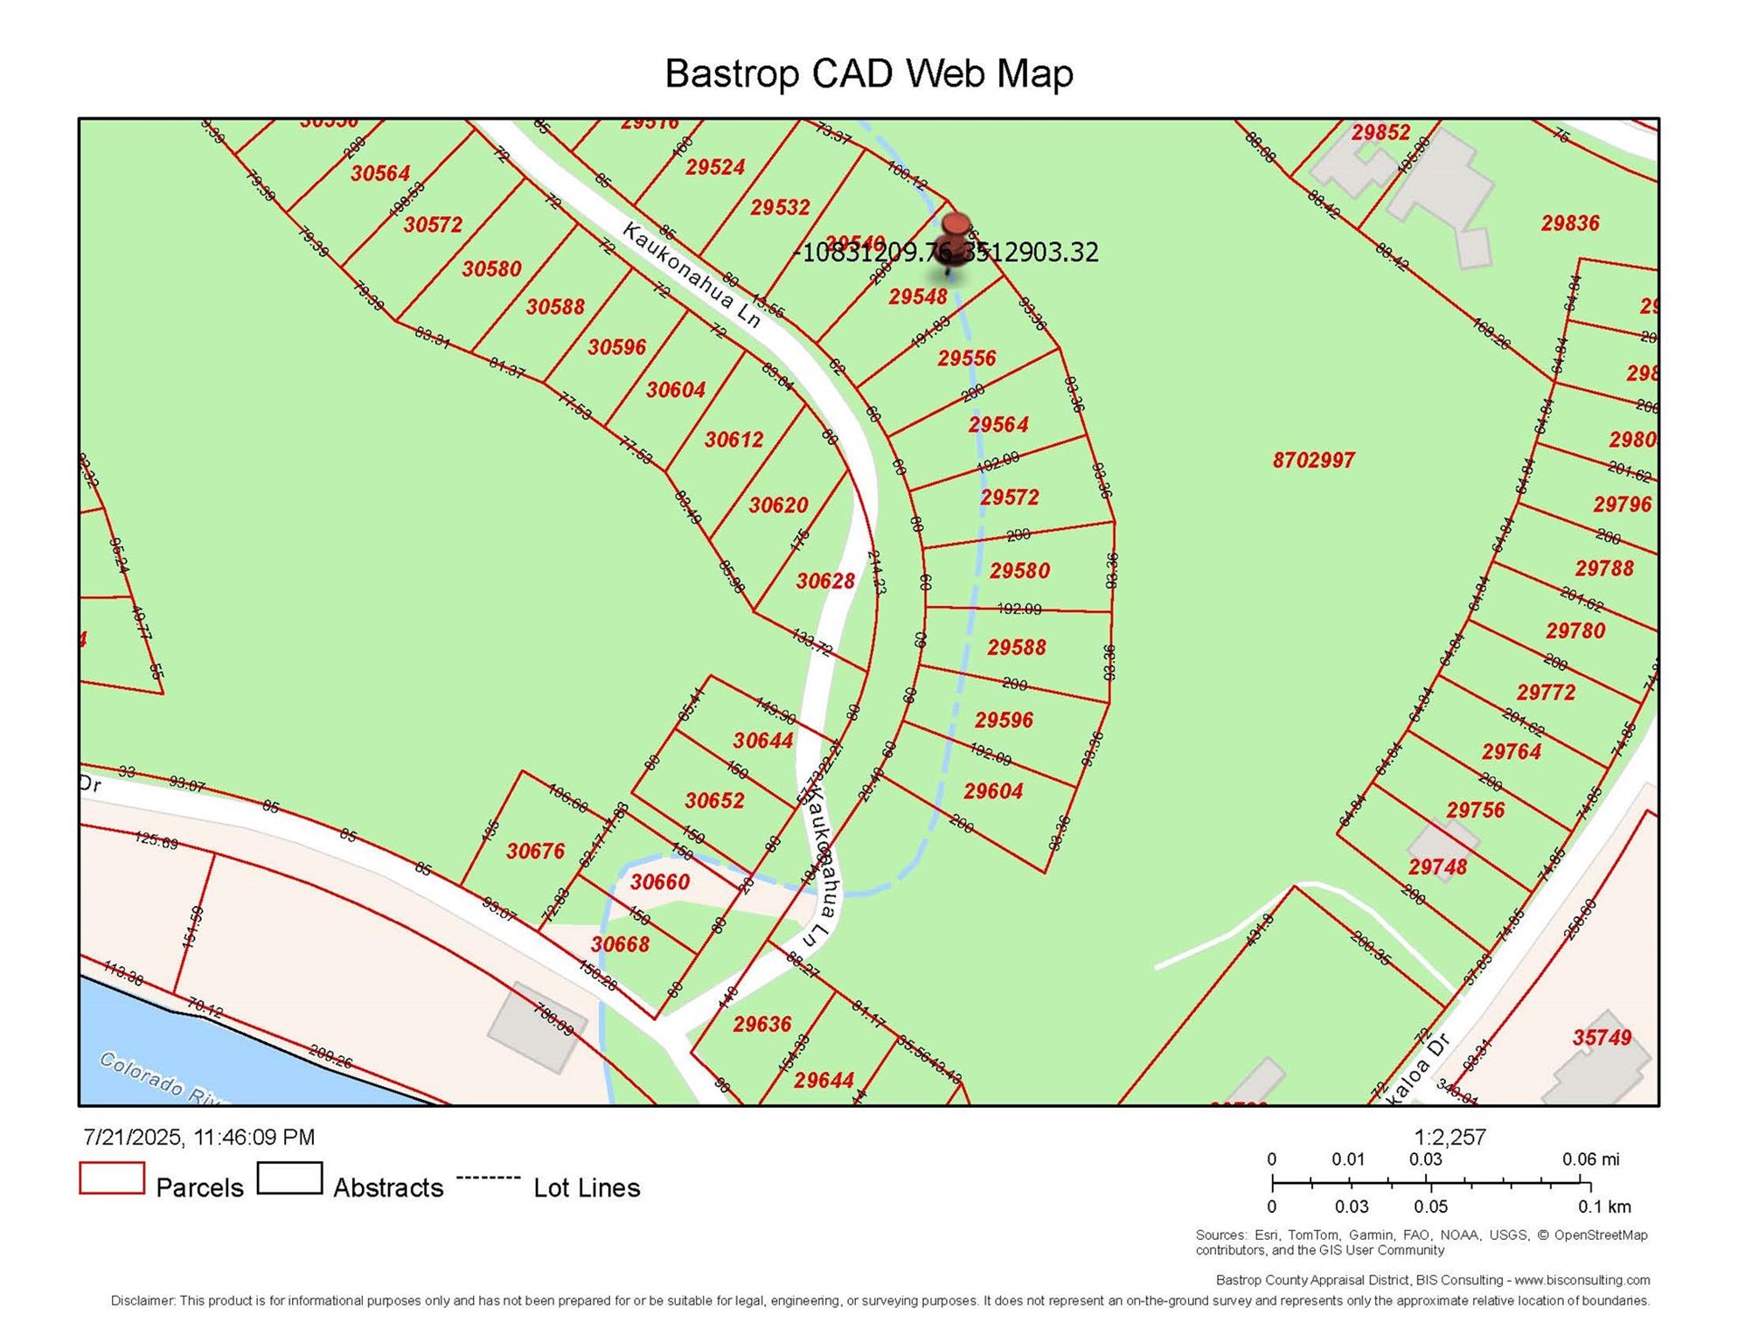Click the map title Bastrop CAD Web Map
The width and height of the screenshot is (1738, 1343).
868,73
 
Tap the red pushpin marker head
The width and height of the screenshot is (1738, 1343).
956,224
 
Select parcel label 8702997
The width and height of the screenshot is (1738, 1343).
1313,460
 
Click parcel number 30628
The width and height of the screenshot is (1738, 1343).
825,581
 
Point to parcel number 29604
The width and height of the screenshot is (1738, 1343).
993,790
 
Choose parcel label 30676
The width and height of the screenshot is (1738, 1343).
535,851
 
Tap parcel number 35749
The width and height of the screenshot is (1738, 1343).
1602,1037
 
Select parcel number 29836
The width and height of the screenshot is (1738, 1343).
1570,223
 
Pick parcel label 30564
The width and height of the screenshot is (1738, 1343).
380,173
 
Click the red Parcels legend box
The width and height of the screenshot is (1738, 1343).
112,1178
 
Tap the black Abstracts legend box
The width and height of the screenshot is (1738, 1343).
289,1178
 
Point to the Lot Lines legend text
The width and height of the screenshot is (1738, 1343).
587,1187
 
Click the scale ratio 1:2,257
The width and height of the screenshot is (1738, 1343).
1449,1137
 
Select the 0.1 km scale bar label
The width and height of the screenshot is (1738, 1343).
1604,1207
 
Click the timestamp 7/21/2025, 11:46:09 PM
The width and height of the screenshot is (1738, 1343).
199,1137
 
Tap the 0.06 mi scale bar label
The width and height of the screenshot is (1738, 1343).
1590,1159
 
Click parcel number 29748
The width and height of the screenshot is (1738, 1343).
1437,866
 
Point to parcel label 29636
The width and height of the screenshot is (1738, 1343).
761,1024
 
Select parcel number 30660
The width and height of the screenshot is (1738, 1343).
660,881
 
